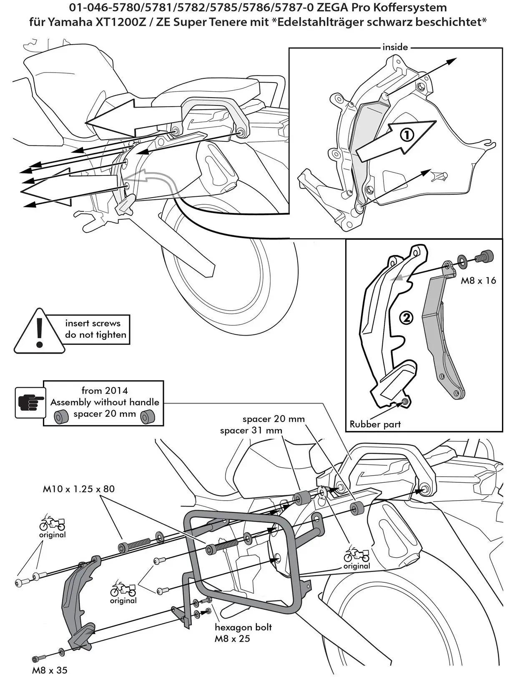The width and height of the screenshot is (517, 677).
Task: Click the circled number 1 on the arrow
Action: tap(407, 135)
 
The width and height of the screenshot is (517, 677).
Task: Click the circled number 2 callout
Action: tap(406, 318)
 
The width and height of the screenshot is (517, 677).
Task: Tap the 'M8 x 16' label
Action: tap(478, 281)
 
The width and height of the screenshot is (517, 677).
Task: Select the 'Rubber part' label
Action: tap(375, 424)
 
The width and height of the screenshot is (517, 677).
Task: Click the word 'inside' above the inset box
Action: tap(395, 47)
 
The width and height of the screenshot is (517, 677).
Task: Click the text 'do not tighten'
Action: tap(95, 335)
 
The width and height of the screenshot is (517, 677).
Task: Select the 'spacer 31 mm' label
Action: tap(251, 430)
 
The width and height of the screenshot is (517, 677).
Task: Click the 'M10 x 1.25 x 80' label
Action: tap(79, 489)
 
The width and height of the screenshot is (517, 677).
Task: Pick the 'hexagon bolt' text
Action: tap(243, 627)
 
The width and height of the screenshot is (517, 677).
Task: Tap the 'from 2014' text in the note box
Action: tap(105, 391)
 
